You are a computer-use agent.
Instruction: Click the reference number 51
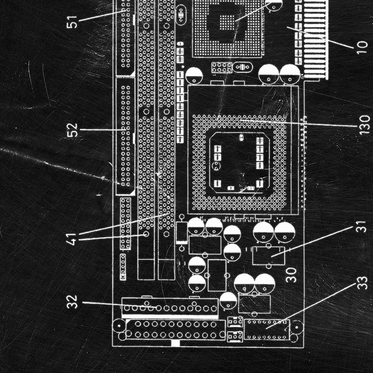(72, 21)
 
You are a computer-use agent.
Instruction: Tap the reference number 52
(72, 129)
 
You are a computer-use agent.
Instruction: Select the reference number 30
(291, 275)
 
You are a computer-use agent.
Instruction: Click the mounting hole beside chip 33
(297, 328)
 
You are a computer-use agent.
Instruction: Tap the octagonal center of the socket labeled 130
(239, 163)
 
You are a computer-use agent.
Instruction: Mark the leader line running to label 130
(298, 123)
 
